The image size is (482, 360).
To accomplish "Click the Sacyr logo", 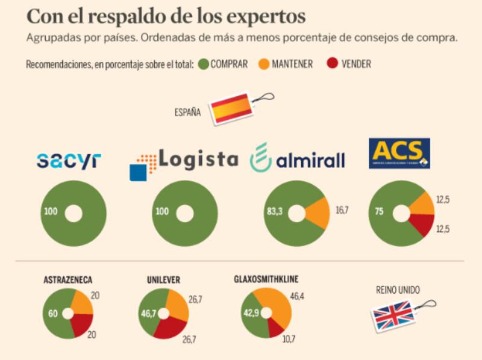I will [69, 160].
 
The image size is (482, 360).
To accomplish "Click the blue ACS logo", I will [399, 154].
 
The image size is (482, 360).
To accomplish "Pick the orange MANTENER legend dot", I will [263, 64].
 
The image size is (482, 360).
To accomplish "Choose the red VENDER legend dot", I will [331, 64].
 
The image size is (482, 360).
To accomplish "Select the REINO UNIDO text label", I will [397, 290].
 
